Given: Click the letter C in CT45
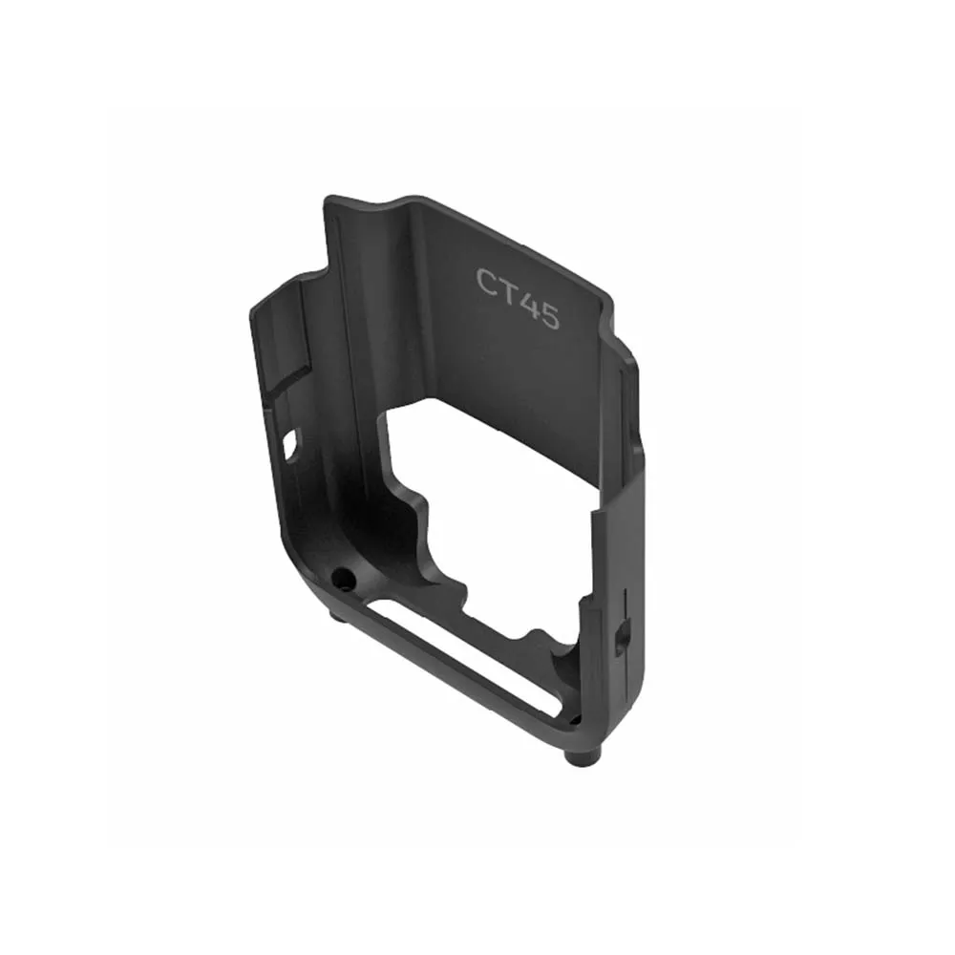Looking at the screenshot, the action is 486,282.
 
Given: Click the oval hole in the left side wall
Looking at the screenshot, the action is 291,443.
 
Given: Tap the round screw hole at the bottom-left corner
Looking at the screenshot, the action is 342,576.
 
